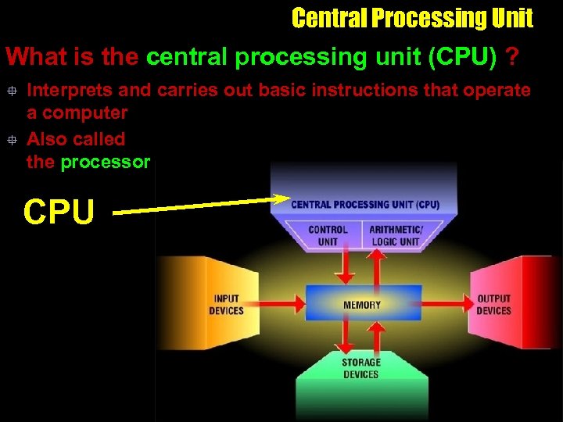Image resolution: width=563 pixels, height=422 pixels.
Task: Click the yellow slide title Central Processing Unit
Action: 412,18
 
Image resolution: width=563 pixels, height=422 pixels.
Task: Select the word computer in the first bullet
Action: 84,113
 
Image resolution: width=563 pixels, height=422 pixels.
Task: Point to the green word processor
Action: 105,163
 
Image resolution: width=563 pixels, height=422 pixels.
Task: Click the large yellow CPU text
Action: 59,211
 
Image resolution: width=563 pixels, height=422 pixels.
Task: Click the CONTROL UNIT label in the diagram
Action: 328,235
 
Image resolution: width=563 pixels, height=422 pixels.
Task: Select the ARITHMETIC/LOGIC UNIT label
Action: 396,235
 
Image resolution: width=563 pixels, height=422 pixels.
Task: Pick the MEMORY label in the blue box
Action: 362,304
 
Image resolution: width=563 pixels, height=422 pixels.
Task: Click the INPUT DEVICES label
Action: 226,304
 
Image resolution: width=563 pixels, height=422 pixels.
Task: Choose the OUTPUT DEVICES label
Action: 493,304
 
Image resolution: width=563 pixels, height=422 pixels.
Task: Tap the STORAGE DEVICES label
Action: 361,368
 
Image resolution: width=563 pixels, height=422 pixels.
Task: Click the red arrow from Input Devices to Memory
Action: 281,302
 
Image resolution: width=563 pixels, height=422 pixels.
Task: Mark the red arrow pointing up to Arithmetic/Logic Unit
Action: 377,266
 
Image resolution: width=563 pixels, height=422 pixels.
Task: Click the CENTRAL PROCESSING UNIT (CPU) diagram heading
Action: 365,205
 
